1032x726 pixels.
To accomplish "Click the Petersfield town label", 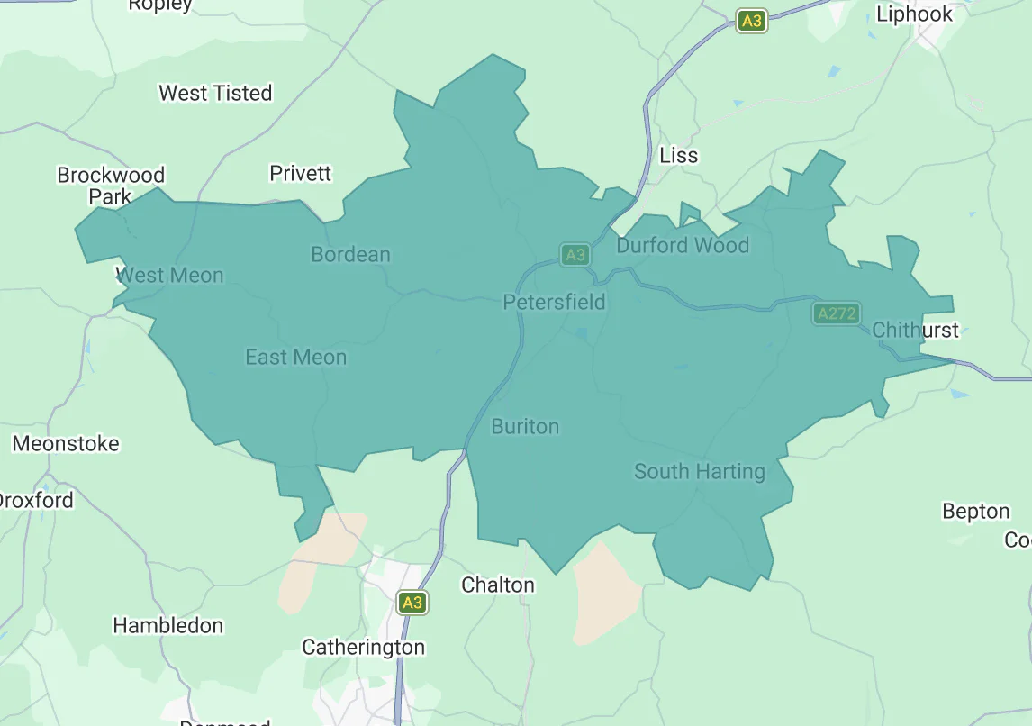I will click(x=554, y=302).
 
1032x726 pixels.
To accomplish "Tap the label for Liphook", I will click(x=914, y=14).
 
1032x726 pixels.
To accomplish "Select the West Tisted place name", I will click(x=215, y=93).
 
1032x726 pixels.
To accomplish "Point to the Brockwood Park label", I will click(x=111, y=185).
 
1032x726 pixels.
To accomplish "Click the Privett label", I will click(x=301, y=173).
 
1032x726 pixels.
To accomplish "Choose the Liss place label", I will click(x=678, y=155).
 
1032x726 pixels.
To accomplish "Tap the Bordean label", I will click(x=350, y=254).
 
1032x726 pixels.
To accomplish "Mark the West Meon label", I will click(x=169, y=275).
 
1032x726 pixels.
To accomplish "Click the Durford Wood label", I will click(x=682, y=245).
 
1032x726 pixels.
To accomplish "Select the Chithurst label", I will click(x=915, y=330).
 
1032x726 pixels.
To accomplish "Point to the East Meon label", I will click(x=295, y=358).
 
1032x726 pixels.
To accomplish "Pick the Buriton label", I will click(x=525, y=426).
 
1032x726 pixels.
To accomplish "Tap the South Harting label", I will click(x=699, y=471).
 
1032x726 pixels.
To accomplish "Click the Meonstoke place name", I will click(x=66, y=443).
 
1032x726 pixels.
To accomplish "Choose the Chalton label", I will click(x=497, y=585).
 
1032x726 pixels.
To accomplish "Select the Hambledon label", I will click(x=167, y=625).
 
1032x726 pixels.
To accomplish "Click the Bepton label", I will click(x=975, y=512).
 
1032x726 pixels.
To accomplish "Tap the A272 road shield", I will click(x=836, y=313).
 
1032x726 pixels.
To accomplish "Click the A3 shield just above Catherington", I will click(x=412, y=603).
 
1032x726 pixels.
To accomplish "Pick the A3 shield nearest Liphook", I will click(x=751, y=22).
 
